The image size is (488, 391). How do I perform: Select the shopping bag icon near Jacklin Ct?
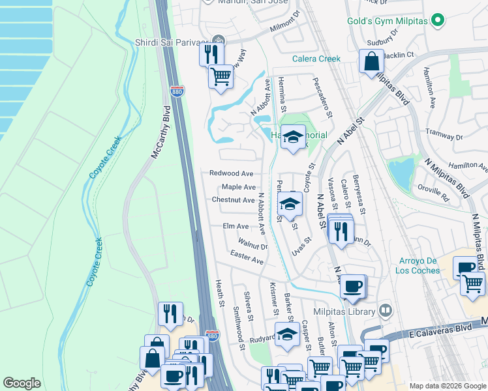tap(371, 63)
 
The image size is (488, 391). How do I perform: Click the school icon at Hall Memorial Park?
tap(294, 138)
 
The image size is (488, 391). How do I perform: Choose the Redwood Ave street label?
tap(231, 173)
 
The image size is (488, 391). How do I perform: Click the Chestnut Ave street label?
tap(233, 200)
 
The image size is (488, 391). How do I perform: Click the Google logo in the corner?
tap(22, 383)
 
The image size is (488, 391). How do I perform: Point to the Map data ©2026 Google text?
tap(447, 386)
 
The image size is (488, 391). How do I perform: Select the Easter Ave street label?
tap(247, 259)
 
